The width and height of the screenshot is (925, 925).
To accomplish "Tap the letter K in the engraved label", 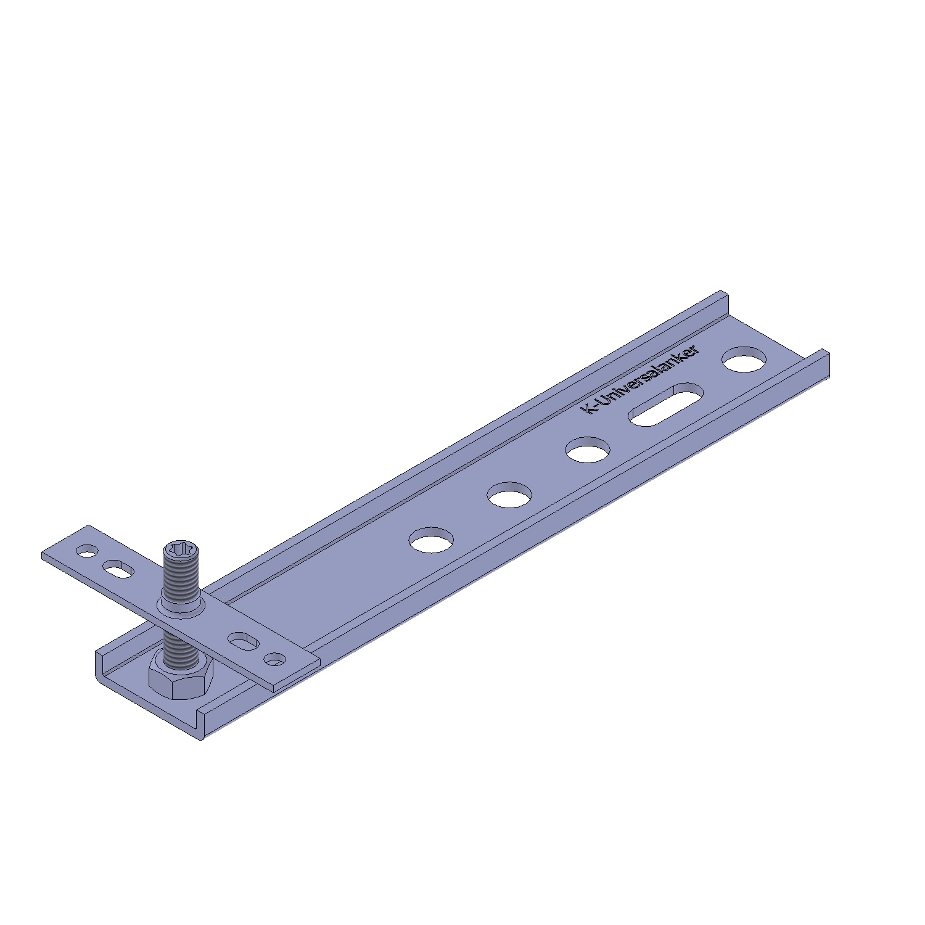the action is [589, 408].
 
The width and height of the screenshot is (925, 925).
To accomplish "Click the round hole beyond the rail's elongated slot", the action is [745, 360].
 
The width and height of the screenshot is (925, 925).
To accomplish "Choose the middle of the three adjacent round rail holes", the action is [509, 495].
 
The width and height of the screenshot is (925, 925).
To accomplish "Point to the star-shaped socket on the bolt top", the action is [181, 547].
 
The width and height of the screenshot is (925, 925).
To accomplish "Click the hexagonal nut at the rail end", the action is [181, 675].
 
